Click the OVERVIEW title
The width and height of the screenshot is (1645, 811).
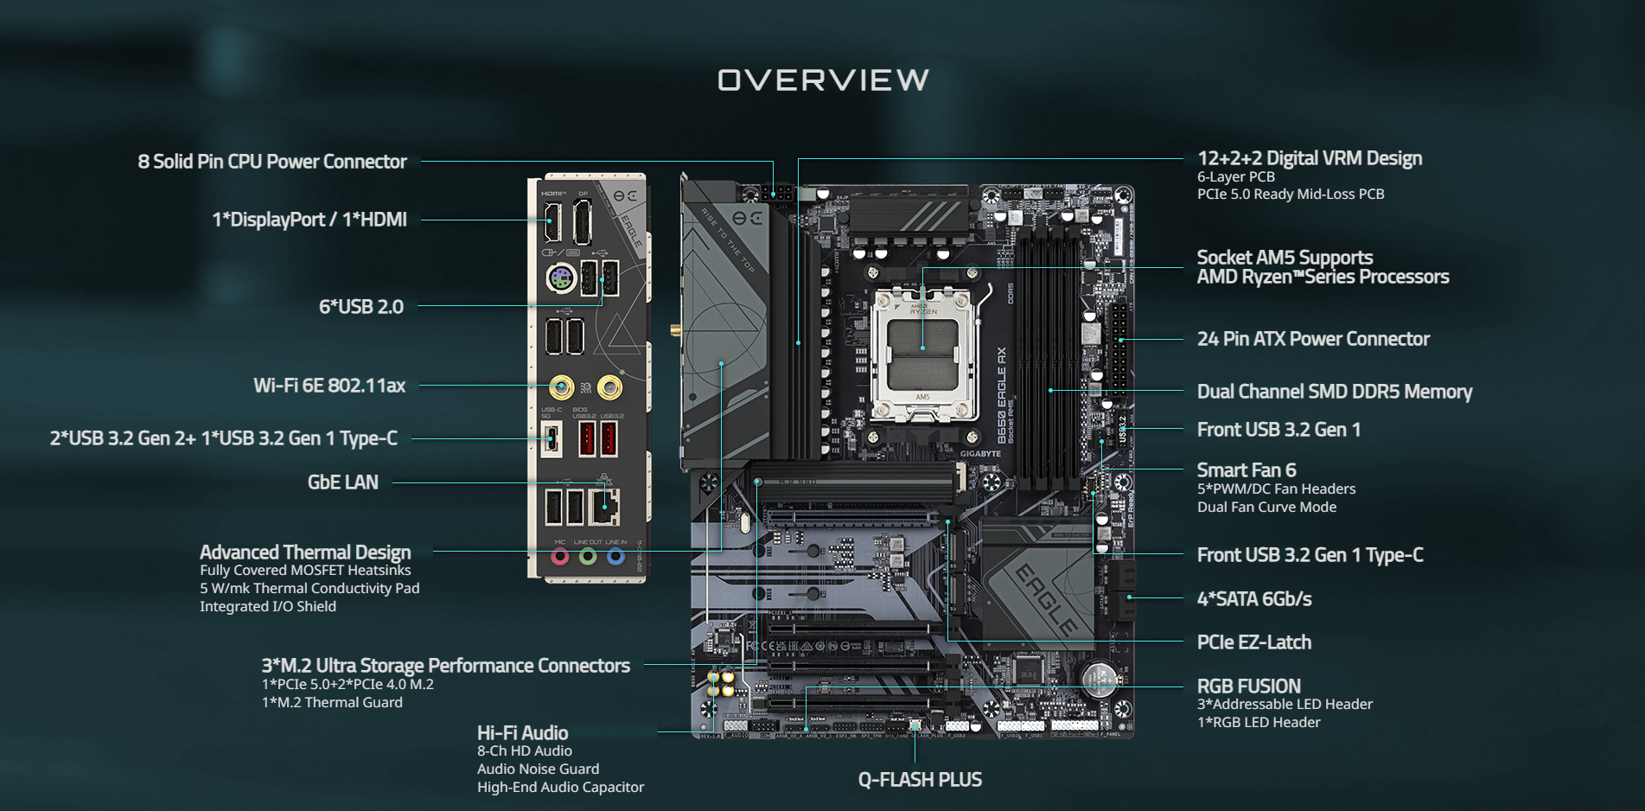[x=823, y=80]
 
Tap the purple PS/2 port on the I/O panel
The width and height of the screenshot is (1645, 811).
[x=561, y=279]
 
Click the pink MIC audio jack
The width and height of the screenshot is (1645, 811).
[x=560, y=556]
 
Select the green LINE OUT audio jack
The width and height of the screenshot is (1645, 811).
[x=588, y=556]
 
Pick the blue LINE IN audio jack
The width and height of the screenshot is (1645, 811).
[x=615, y=556]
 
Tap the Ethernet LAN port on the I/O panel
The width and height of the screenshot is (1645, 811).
[x=604, y=506]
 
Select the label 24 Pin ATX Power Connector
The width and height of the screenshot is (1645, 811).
[x=1313, y=339]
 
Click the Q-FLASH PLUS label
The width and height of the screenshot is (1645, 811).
[x=920, y=780]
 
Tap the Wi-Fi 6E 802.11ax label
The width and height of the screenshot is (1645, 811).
[x=329, y=386]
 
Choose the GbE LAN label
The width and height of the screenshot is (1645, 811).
[x=343, y=482]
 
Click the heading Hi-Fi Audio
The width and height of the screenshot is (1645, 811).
[x=522, y=733]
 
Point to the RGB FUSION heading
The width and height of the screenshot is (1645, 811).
[x=1248, y=686]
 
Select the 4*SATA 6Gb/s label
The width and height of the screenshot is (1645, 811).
[x=1253, y=599]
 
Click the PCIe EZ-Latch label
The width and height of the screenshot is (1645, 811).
[x=1253, y=642]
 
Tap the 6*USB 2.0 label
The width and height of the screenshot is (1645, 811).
[x=361, y=307]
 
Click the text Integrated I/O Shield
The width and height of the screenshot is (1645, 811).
[x=268, y=607]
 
